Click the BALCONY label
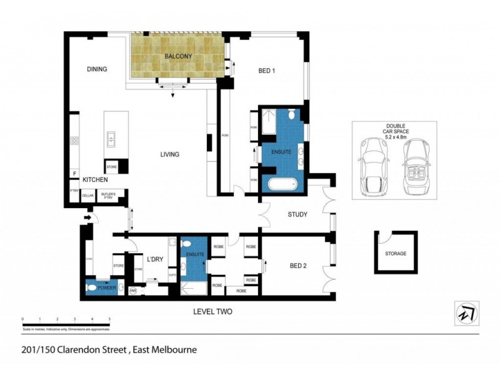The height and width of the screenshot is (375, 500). (x=177, y=57)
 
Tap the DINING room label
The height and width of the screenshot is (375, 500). (x=97, y=69)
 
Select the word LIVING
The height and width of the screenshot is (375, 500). (x=169, y=154)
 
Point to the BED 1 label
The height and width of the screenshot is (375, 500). (x=267, y=71)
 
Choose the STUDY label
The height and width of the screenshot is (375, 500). (x=297, y=215)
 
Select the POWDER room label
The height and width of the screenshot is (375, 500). (x=107, y=288)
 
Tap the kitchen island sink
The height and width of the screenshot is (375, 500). (x=111, y=137)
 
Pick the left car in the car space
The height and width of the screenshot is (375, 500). (x=374, y=166)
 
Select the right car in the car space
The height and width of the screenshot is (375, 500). (x=416, y=166)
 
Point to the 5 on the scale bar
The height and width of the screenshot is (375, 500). (x=109, y=319)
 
